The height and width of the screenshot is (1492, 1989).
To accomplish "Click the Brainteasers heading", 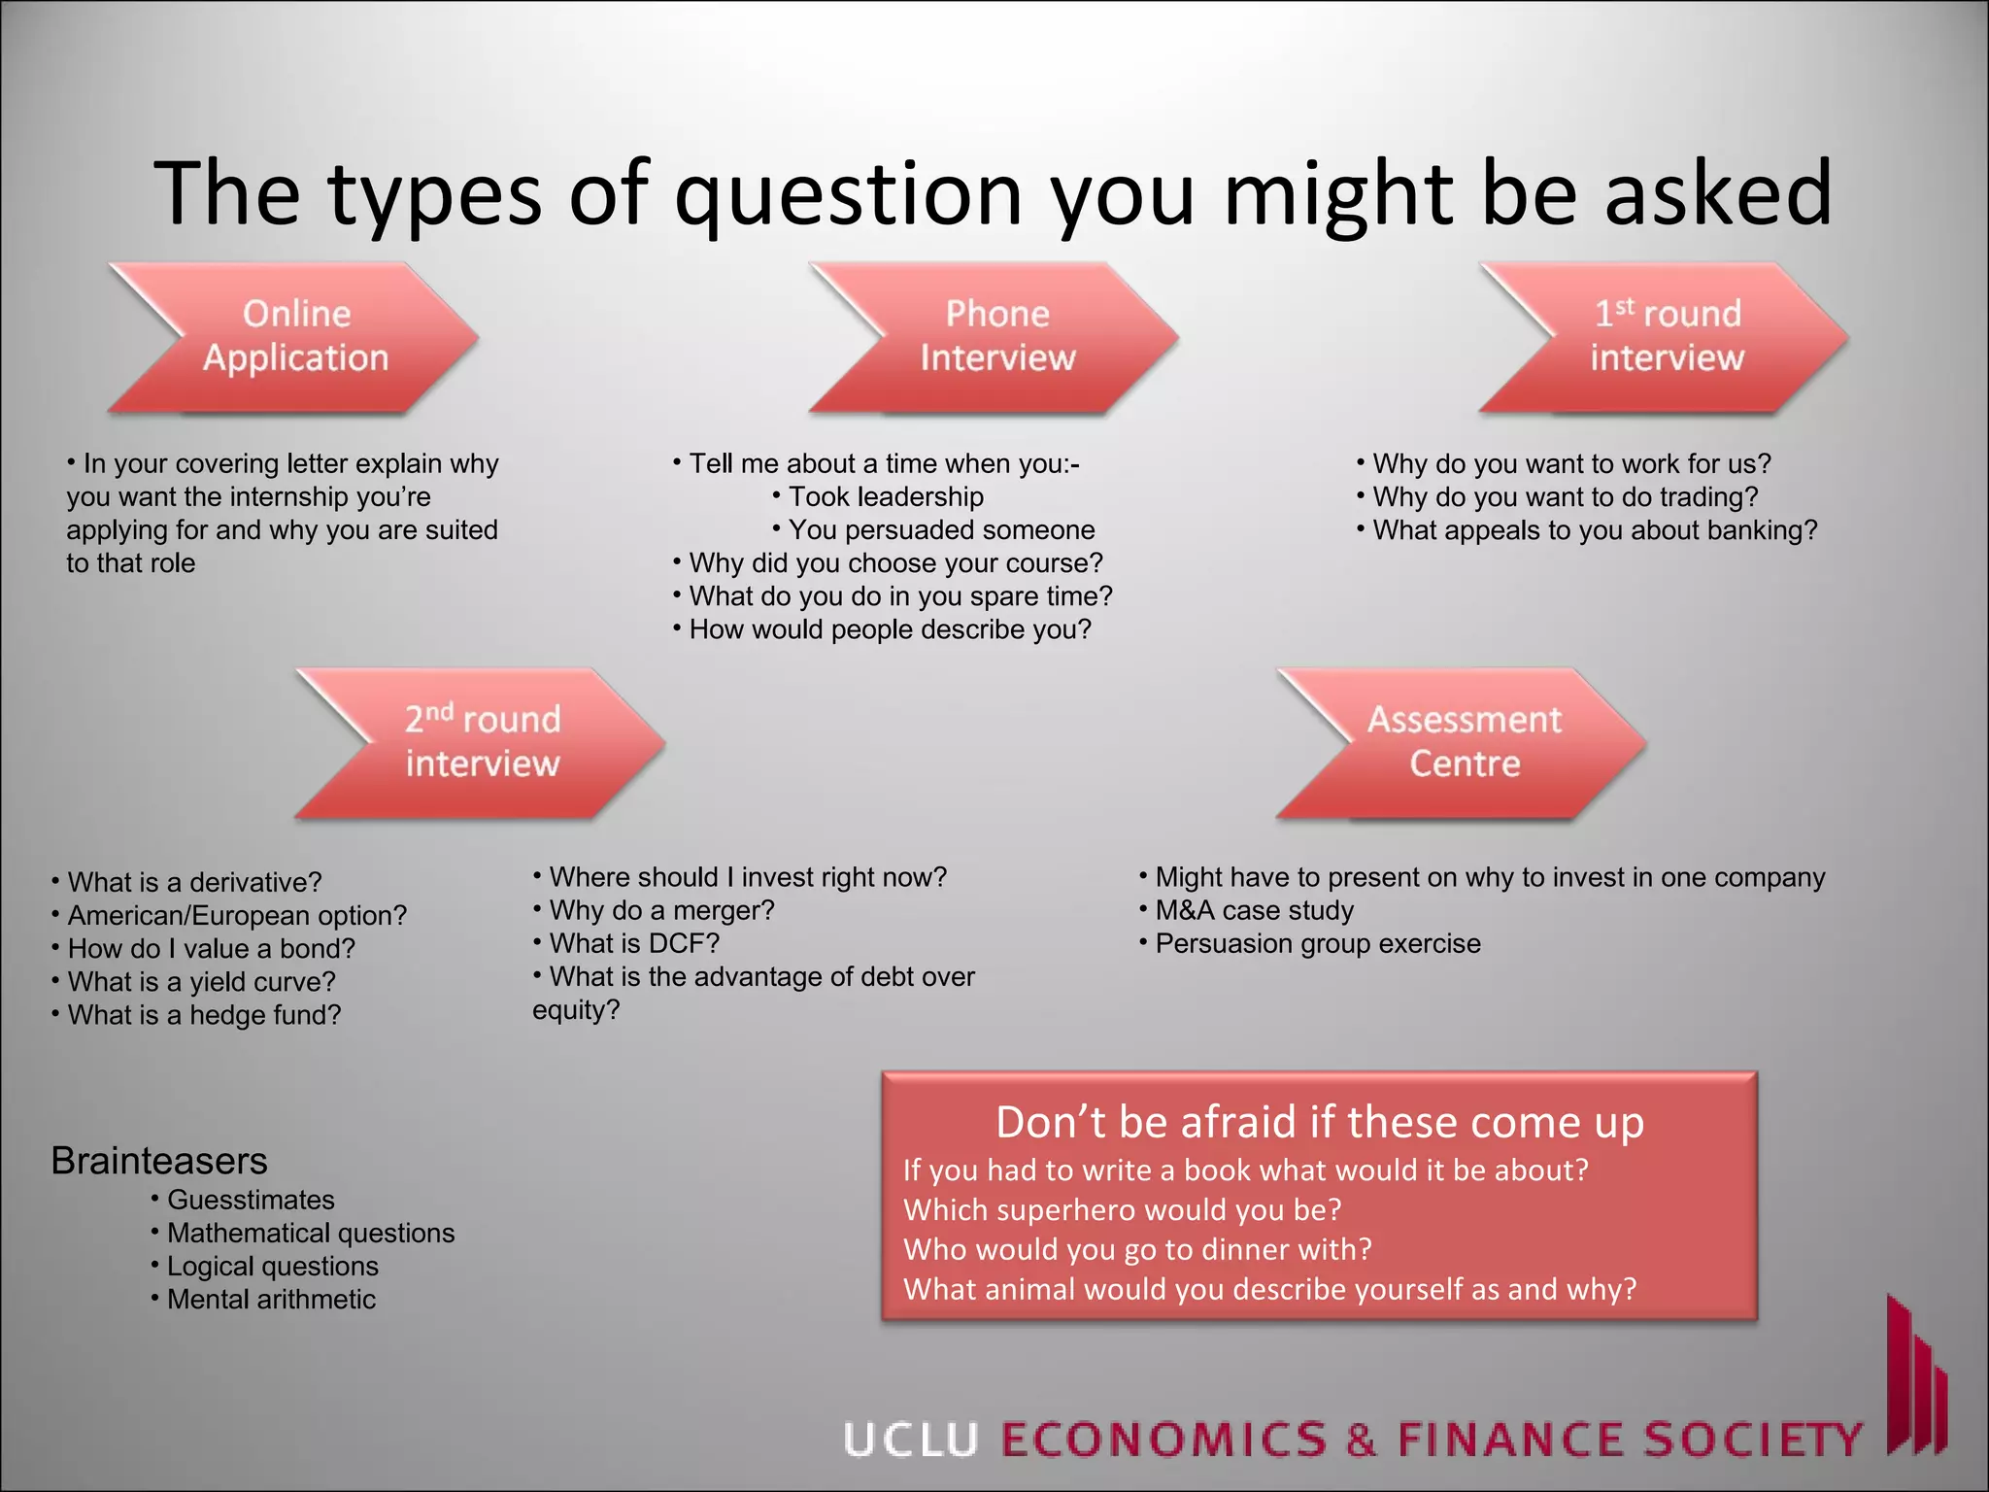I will click(159, 1161).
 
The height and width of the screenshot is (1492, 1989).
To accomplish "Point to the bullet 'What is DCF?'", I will click(634, 943).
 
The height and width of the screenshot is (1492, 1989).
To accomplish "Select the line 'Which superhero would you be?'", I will click(1122, 1209).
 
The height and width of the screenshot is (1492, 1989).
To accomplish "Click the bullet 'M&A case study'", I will click(1254, 910).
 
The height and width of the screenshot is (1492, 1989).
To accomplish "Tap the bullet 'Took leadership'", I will click(885, 496).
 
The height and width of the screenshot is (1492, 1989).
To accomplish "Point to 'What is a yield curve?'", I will click(201, 982).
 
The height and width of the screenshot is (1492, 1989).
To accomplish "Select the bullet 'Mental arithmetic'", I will click(271, 1299).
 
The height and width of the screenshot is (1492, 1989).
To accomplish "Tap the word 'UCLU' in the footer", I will click(910, 1440).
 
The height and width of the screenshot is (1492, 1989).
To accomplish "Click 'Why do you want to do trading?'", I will click(1565, 496).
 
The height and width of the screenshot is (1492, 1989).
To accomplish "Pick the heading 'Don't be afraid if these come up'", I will click(1319, 1122).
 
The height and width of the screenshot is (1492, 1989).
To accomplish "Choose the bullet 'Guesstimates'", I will click(251, 1200).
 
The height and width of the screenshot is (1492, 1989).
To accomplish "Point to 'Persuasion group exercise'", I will click(1317, 943).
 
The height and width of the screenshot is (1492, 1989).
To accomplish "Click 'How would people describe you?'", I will click(890, 629).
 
